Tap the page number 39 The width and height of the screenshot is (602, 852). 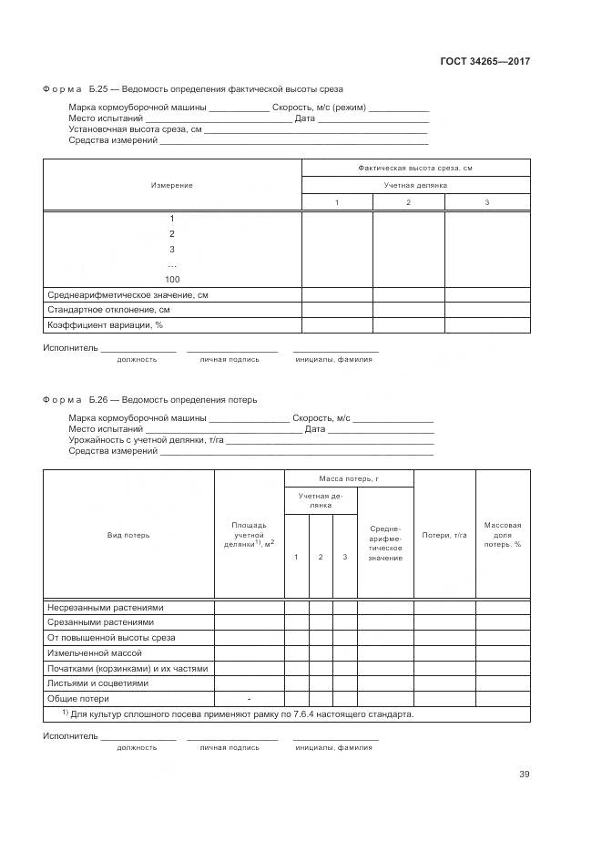524,775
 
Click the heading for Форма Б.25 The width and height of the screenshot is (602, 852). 192,89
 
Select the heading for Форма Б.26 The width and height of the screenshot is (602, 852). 149,399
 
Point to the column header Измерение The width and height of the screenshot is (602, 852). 171,185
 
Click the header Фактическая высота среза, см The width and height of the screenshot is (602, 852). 415,168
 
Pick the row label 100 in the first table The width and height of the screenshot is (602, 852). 172,279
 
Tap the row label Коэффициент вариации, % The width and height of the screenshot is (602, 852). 105,324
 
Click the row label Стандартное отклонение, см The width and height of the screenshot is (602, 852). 108,310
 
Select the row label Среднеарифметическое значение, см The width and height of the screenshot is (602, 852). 127,295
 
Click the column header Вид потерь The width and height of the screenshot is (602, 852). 128,535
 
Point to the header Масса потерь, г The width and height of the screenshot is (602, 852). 349,478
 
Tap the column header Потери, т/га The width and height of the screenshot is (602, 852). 444,535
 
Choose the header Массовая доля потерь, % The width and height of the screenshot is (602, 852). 503,535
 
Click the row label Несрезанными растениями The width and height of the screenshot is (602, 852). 105,607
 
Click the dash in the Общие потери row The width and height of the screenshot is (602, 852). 249,698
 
